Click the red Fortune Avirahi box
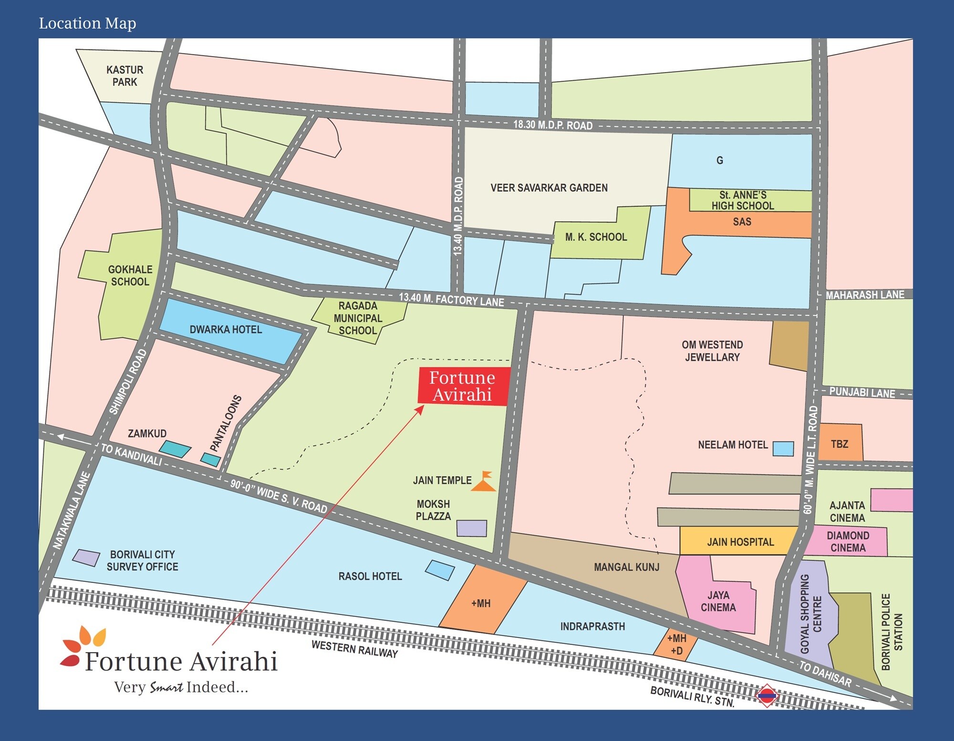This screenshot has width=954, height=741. (x=463, y=386)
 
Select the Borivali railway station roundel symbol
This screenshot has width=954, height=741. (x=767, y=696)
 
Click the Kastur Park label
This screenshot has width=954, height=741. (x=124, y=76)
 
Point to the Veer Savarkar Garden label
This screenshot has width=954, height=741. (x=549, y=188)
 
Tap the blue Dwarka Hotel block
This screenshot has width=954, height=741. (x=229, y=330)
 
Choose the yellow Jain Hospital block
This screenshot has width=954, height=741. (x=740, y=542)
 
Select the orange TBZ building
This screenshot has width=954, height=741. (x=840, y=443)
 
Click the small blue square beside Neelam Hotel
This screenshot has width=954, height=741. (x=783, y=449)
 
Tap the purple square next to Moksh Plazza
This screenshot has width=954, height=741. (x=472, y=528)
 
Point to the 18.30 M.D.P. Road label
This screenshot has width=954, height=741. (x=553, y=125)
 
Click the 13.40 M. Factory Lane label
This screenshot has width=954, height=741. (x=451, y=299)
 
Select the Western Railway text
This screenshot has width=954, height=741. (x=354, y=649)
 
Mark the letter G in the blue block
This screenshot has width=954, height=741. (x=719, y=160)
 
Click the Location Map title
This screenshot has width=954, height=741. (x=87, y=23)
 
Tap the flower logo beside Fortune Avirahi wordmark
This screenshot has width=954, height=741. (x=82, y=645)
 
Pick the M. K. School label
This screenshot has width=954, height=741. (x=596, y=237)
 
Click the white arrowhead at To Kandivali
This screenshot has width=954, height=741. (x=61, y=437)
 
